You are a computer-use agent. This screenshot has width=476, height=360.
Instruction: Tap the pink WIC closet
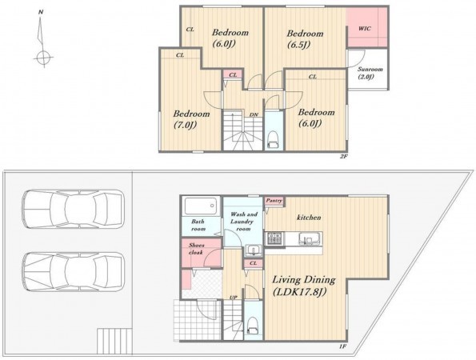pos(367,27)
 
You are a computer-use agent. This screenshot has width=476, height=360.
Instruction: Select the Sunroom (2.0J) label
pos(370,73)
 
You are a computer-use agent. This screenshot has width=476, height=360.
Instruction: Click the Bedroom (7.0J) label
pos(191,119)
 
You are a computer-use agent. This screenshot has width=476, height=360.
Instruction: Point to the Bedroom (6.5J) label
pos(305,39)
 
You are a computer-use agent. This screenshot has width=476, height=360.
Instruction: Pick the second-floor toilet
pos(274,140)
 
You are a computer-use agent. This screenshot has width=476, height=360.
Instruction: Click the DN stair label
pos(254,114)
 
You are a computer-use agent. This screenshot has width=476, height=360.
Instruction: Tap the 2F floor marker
pos(343,158)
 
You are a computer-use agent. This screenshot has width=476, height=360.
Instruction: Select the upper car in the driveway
pos(73,209)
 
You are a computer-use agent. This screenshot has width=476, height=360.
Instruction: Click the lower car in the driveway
pos(73,271)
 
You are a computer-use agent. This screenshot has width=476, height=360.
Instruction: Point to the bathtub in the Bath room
pos(201,206)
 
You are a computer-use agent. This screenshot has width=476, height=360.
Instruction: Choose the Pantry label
pos(274,201)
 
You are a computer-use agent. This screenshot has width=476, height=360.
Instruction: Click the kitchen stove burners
pos(274,238)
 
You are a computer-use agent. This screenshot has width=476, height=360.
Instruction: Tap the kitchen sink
pos(309,238)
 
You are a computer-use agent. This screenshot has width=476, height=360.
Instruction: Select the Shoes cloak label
pos(197,249)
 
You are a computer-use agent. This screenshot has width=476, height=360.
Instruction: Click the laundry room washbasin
pos(253,250)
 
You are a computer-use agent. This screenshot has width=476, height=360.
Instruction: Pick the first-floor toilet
pos(253,326)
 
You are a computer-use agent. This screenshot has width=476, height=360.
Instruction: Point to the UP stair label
pos(233,298)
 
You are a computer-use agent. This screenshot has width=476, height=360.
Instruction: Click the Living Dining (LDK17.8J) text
pos(303,286)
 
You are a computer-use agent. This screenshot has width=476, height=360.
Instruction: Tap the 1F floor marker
pos(343,346)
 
